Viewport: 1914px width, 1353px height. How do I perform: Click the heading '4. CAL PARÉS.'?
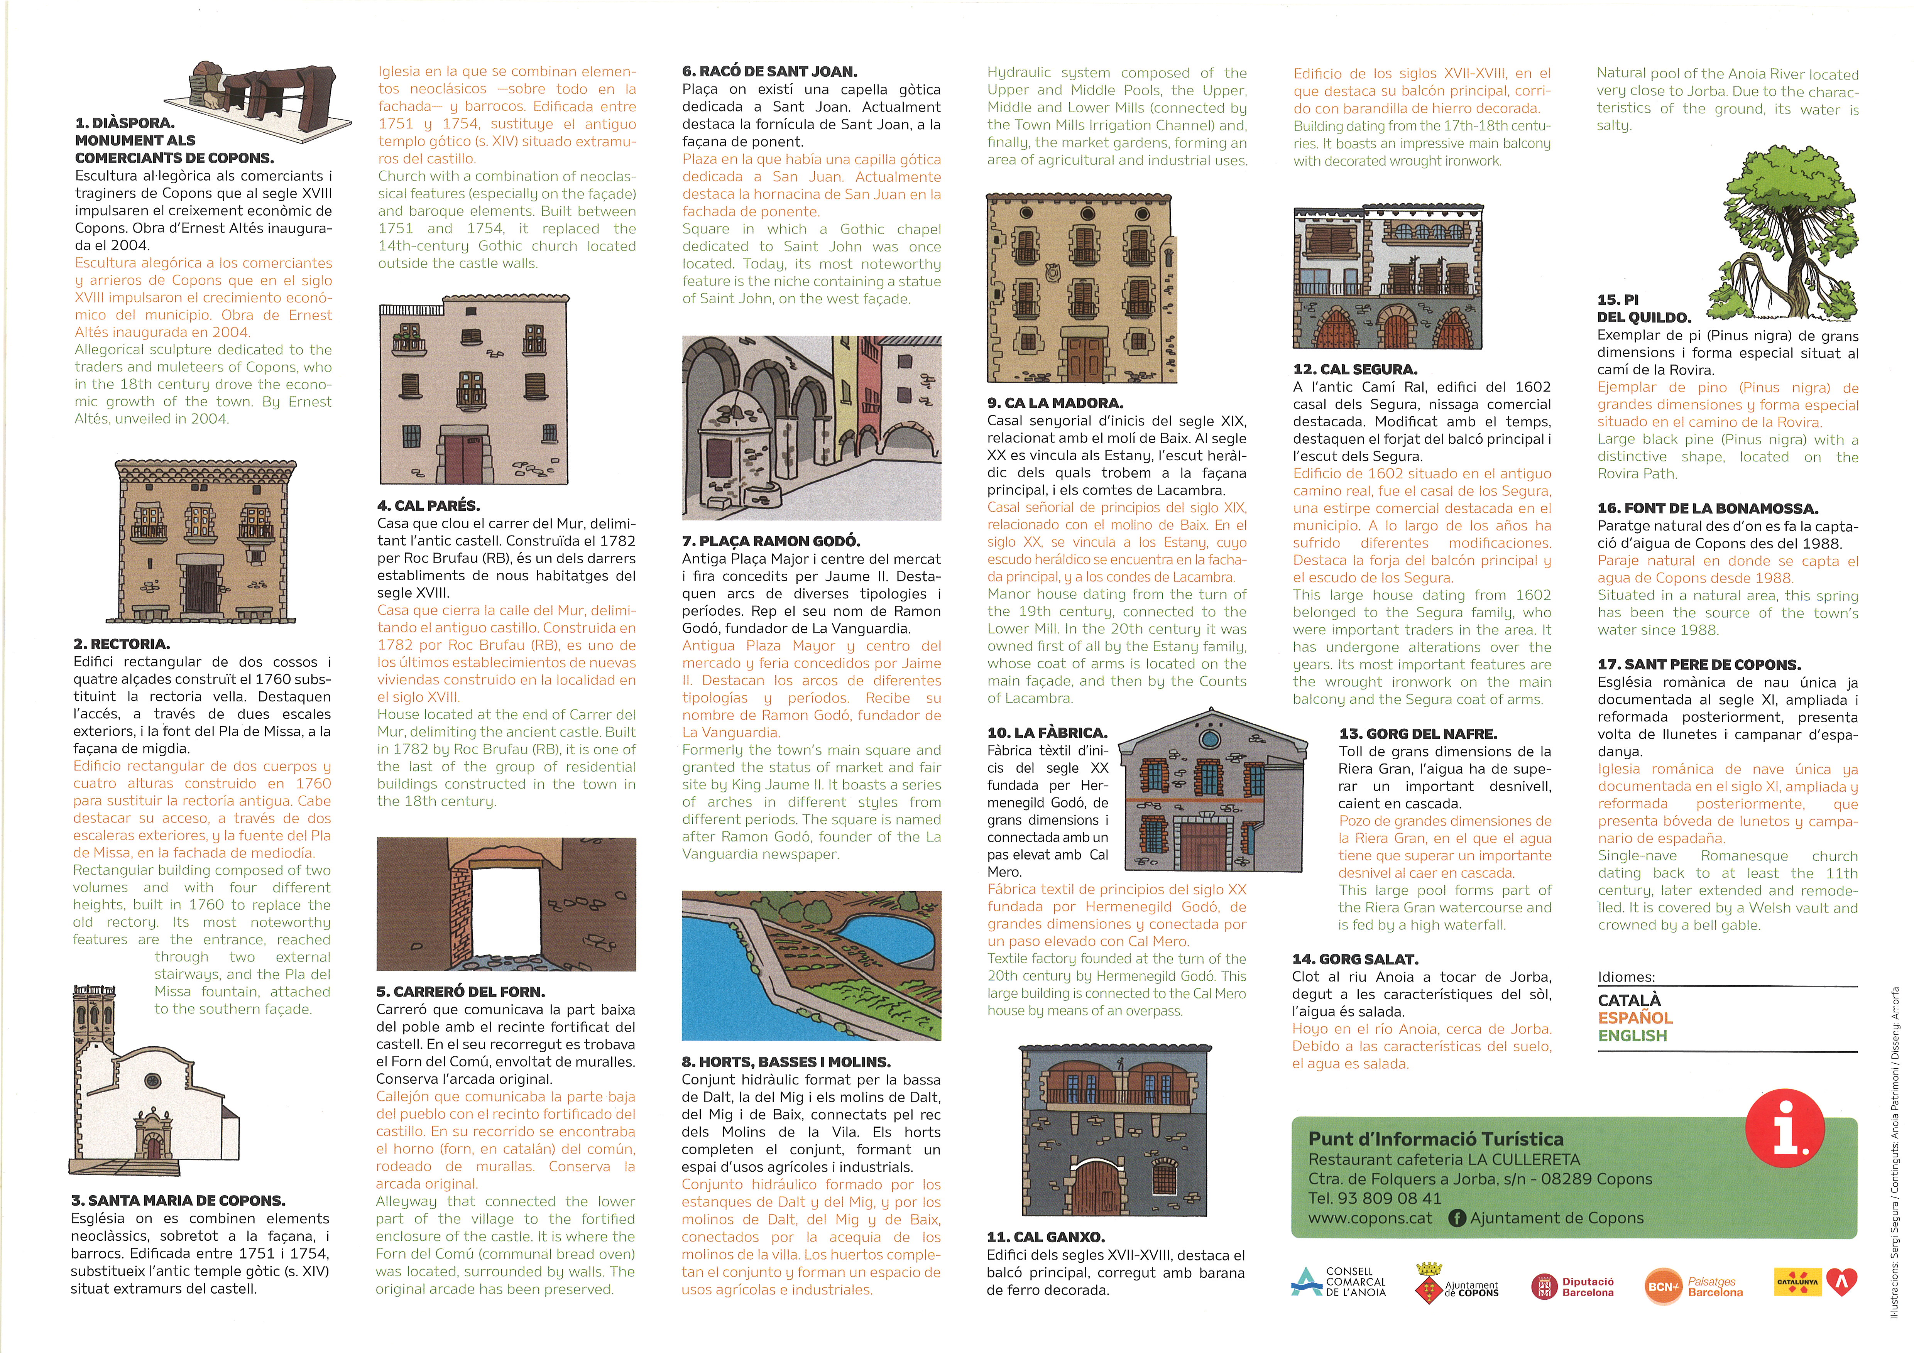pyautogui.click(x=428, y=505)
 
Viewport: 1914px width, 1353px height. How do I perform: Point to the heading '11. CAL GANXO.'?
pyautogui.click(x=1045, y=1237)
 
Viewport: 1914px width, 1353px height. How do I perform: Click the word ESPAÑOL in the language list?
pyautogui.click(x=1635, y=1018)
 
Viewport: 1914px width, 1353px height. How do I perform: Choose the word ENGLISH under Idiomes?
pyautogui.click(x=1632, y=1035)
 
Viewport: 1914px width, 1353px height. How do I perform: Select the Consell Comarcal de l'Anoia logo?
pyautogui.click(x=1338, y=1282)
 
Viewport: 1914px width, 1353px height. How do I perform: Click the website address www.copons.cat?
pyautogui.click(x=1370, y=1218)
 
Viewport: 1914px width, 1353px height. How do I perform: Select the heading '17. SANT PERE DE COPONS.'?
pyautogui.click(x=1699, y=664)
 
